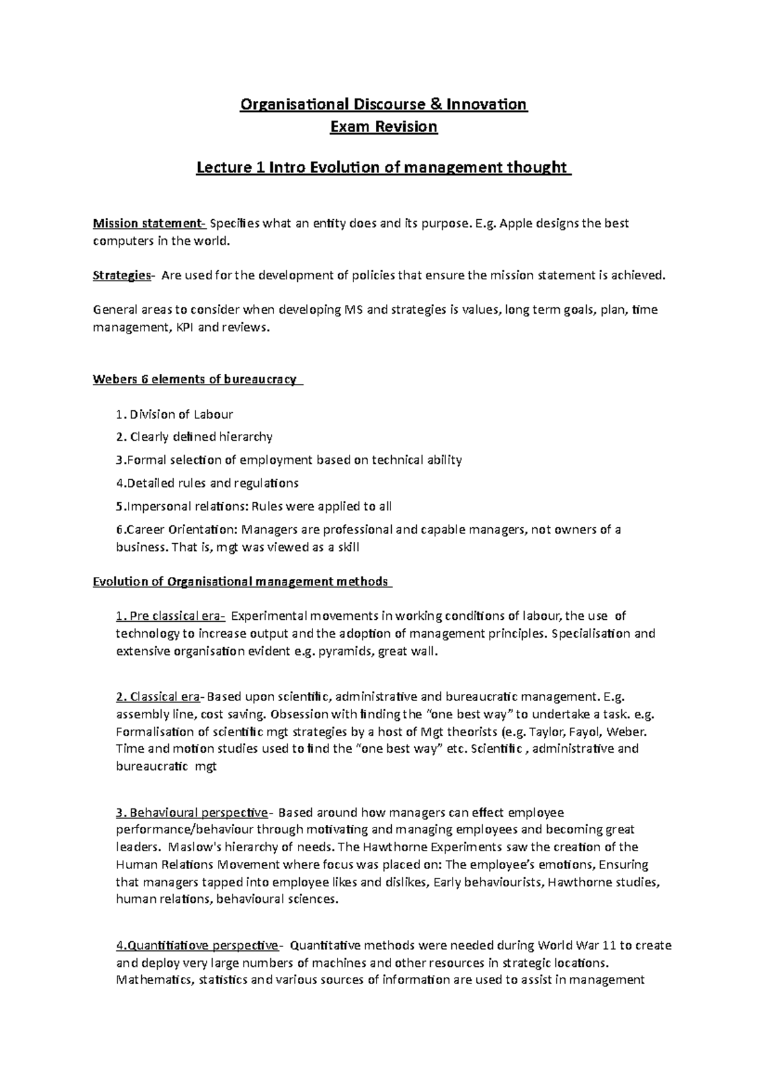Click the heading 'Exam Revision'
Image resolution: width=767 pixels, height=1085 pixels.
pos(383,127)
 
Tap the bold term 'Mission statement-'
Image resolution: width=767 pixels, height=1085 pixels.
pos(149,224)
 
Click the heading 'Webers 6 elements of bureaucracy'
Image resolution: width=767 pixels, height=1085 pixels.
pos(196,380)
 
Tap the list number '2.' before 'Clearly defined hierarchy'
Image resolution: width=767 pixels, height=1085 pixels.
pos(121,437)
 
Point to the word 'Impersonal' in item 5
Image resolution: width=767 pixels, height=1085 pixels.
pos(156,507)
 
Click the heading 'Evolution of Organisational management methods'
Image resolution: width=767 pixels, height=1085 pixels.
pos(241,581)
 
